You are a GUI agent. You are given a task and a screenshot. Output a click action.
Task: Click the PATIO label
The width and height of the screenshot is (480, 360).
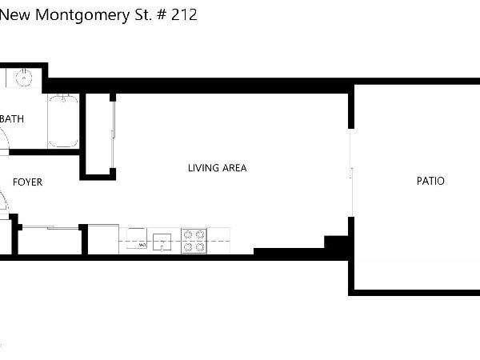430,181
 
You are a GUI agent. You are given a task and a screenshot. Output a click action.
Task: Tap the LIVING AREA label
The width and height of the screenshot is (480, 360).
218,168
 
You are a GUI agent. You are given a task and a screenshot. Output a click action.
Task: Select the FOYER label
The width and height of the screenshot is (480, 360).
27,182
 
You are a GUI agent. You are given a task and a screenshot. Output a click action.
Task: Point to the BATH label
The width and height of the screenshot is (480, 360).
12,118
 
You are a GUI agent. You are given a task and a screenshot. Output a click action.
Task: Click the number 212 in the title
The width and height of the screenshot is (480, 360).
184,14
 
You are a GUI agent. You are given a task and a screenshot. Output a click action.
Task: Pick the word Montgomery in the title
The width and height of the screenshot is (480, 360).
82,16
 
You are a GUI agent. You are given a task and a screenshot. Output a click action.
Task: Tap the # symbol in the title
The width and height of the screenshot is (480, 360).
162,14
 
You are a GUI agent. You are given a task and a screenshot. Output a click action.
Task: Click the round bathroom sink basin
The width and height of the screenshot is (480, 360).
23,77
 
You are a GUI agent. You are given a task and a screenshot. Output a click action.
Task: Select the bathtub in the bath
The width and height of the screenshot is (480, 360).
63,121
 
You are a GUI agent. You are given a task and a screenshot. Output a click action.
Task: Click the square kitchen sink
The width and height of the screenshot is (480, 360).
162,242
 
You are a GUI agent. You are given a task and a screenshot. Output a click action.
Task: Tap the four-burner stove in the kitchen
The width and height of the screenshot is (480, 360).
194,241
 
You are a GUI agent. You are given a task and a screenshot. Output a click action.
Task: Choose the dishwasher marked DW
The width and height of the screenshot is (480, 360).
137,238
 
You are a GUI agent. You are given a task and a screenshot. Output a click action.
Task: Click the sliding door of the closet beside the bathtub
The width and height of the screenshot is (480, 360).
114,134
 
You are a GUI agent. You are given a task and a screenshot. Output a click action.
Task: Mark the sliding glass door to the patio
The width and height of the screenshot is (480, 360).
351,173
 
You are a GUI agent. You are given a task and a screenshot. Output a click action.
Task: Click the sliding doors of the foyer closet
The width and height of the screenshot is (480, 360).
51,227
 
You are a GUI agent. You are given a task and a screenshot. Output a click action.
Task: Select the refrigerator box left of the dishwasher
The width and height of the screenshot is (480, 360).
103,239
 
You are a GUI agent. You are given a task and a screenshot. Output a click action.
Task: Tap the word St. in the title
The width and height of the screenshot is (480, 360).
143,14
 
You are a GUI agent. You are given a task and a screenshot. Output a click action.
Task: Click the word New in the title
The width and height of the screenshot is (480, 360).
15,14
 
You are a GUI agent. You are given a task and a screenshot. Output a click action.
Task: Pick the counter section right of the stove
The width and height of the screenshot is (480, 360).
218,241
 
